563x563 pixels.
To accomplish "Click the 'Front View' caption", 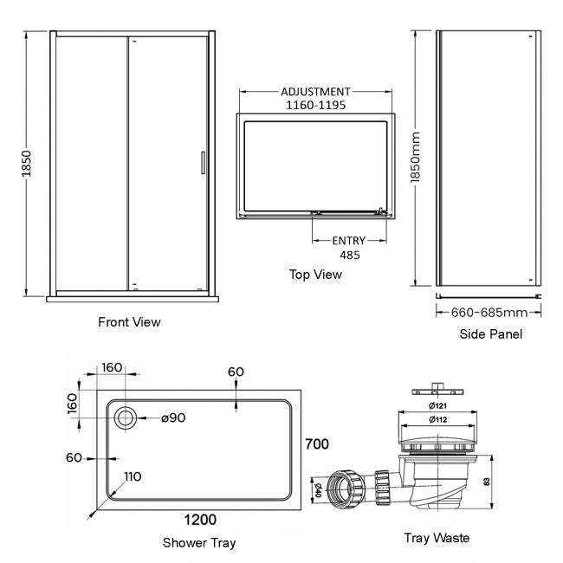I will tap(129, 322).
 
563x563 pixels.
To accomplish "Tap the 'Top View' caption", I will tap(315, 275).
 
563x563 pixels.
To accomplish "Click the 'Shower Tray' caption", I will tap(199, 543).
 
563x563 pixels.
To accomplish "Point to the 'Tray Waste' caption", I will tap(437, 538).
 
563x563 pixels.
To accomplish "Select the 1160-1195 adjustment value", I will tap(315, 105).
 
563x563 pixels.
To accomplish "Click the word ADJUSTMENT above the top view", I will tap(315, 92).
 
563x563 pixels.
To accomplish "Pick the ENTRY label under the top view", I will tap(349, 241).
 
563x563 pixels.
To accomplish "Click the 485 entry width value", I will tap(349, 255).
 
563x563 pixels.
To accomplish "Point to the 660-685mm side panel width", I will tap(491, 312).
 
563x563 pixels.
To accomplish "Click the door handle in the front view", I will tap(202, 165).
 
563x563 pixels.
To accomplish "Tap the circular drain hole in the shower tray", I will tap(125, 418).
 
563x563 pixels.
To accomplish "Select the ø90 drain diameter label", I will tap(173, 418).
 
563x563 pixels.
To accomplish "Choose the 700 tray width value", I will tap(317, 444).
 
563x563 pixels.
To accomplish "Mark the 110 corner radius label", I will tap(133, 476).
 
